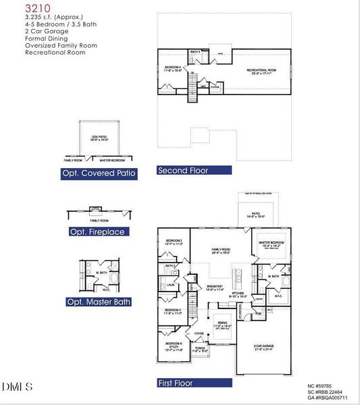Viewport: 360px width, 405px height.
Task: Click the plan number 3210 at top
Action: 37,9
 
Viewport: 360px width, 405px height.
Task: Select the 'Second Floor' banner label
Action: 183,171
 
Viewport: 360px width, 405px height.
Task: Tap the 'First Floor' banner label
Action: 176,383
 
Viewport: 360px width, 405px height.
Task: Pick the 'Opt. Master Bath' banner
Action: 99,302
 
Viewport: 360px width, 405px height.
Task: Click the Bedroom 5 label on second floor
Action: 174,68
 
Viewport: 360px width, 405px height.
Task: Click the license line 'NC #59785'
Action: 321,386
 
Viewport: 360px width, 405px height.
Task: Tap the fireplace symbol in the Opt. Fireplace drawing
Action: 96,209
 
